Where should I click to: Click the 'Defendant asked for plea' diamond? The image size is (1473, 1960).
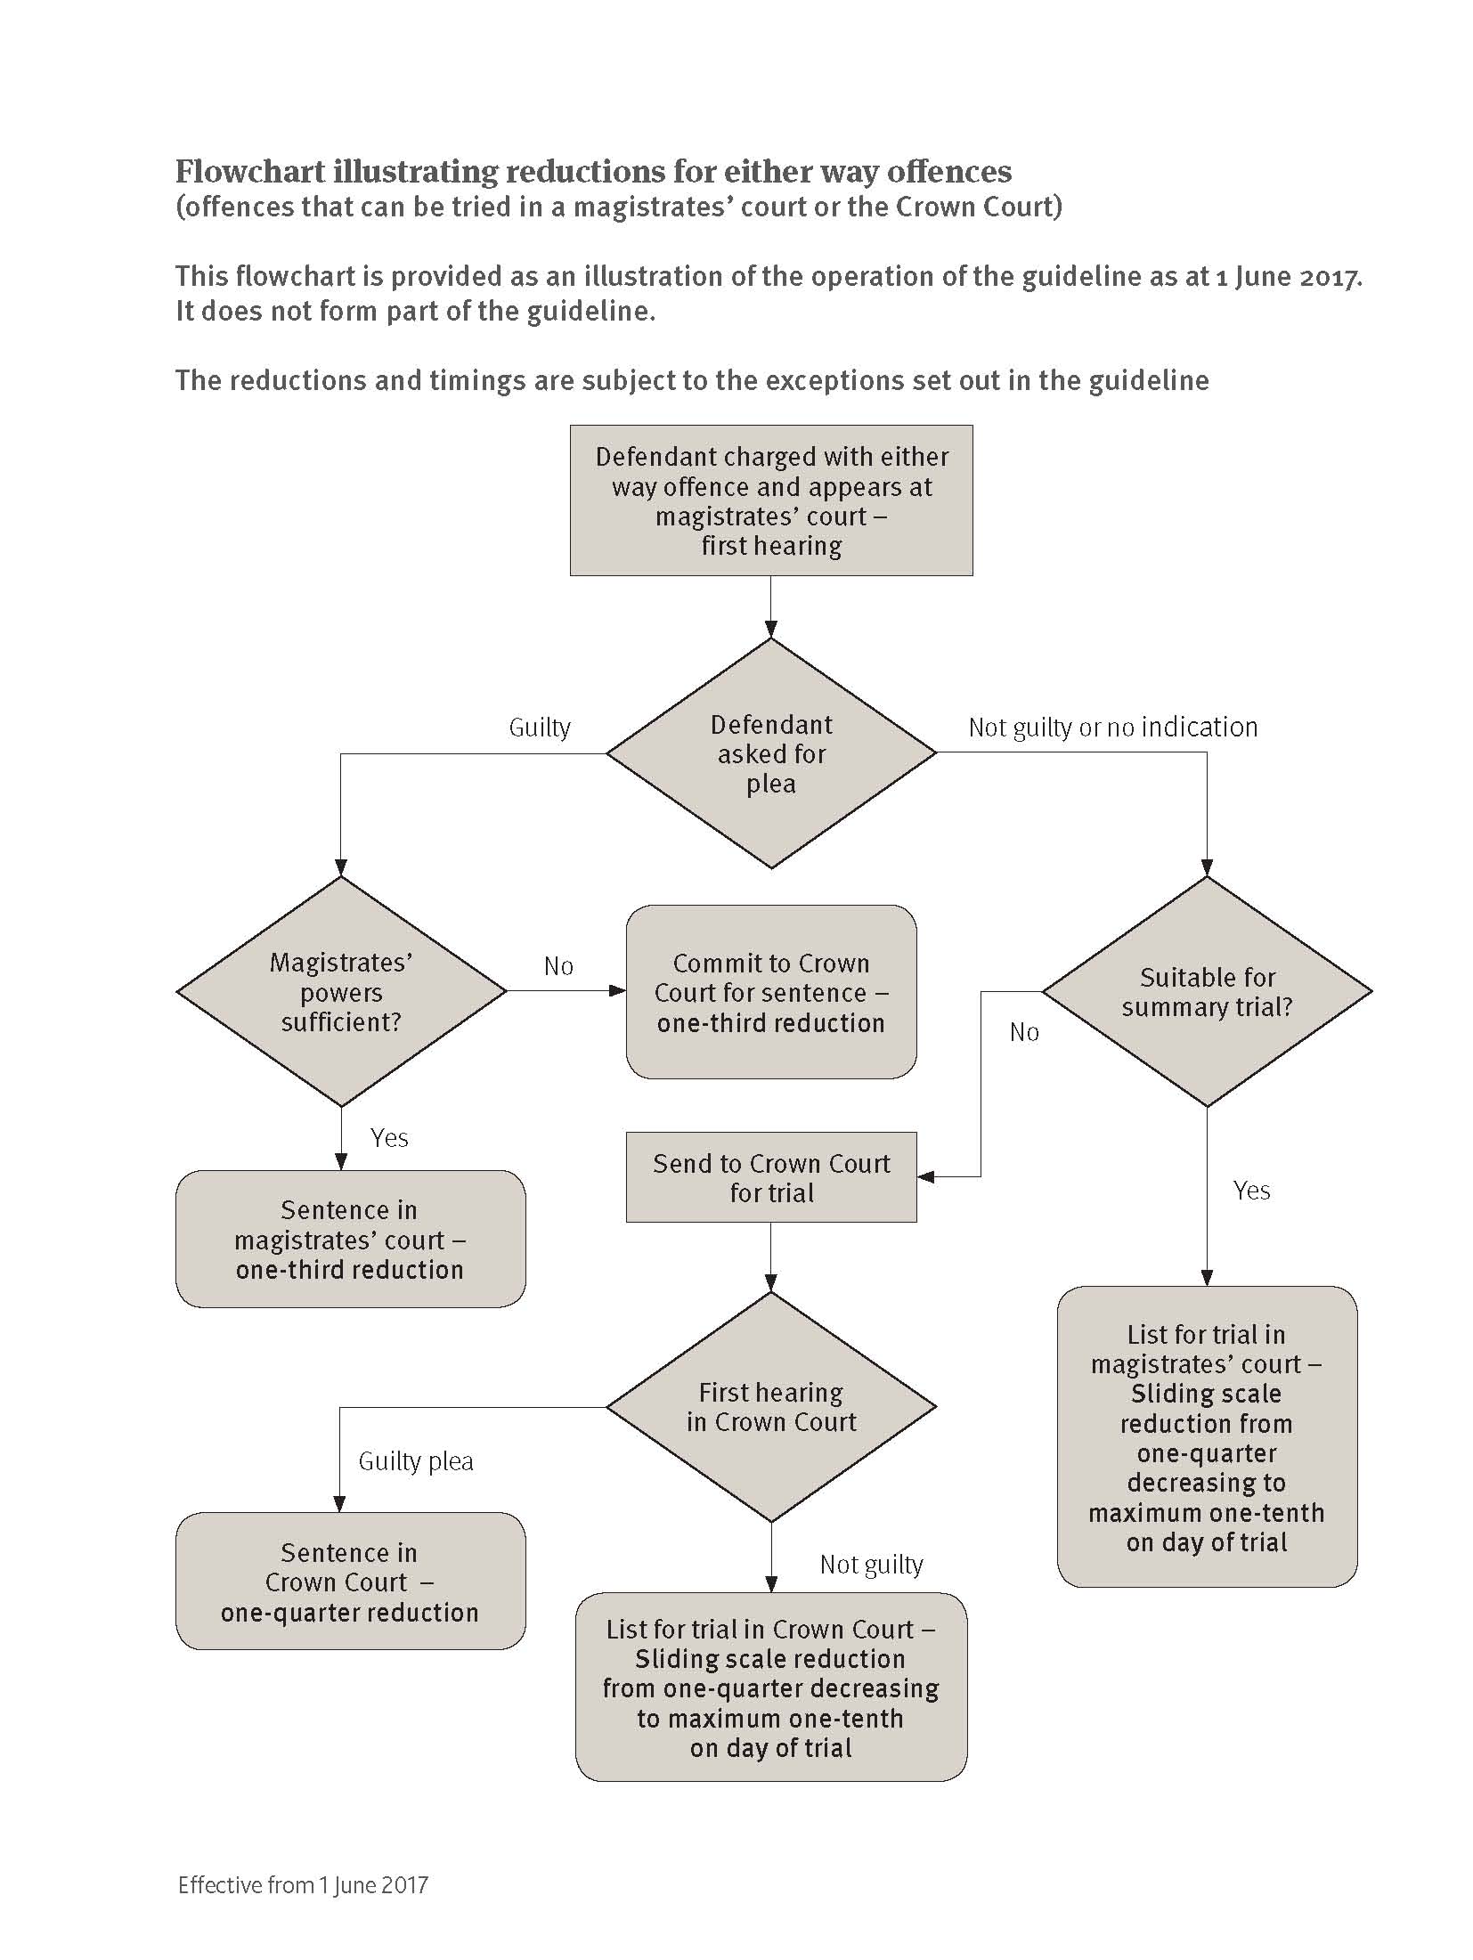point(771,753)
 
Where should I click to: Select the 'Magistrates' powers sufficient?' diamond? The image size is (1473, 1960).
point(341,991)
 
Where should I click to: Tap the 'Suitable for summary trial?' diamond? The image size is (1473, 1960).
point(1207,991)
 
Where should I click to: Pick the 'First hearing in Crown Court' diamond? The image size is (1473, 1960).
point(771,1407)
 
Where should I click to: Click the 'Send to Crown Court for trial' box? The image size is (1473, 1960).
point(771,1177)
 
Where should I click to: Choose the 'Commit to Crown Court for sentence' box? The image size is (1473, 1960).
point(771,992)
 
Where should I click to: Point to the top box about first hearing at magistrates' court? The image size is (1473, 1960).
point(771,500)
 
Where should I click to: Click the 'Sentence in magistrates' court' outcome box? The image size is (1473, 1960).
point(350,1239)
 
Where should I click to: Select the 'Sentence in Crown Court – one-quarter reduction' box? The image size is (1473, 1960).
point(350,1582)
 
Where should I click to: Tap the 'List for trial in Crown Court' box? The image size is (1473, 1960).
point(771,1688)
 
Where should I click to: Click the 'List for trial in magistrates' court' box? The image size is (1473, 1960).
point(1207,1436)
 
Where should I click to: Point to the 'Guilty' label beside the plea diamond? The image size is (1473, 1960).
point(540,728)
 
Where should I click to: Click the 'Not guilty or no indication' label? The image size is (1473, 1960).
point(1113,728)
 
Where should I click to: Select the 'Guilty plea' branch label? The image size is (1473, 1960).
point(416,1461)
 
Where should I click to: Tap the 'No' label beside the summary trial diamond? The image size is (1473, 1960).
point(1024,1032)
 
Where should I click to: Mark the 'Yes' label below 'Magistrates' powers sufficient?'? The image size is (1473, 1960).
point(389,1138)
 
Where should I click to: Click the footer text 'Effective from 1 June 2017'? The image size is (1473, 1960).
point(303,1885)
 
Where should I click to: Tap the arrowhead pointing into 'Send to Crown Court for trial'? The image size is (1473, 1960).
point(926,1177)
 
